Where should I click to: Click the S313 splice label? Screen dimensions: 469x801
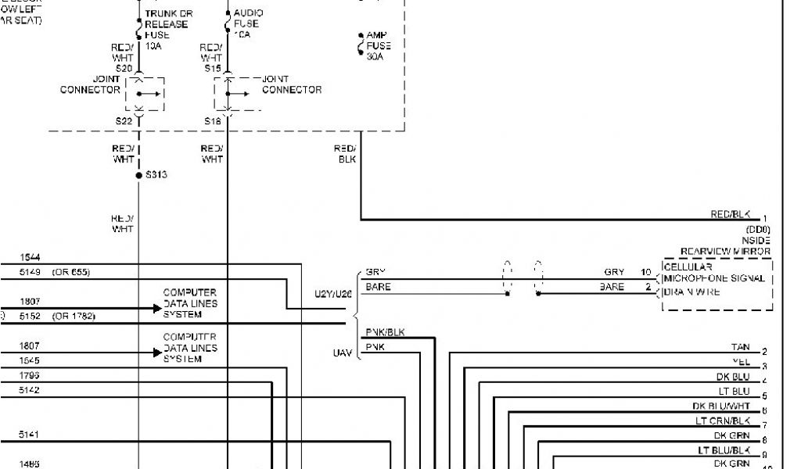point(156,175)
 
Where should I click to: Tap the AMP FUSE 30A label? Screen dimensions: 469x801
point(379,46)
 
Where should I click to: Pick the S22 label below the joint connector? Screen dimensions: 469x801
point(124,121)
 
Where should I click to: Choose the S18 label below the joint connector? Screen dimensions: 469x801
point(213,121)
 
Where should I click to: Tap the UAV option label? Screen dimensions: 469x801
point(343,353)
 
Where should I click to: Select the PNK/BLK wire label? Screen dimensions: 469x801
point(385,333)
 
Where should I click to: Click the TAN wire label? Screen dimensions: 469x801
point(740,347)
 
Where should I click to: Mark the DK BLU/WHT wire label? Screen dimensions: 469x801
point(720,406)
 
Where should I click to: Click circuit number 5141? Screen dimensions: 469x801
point(31,434)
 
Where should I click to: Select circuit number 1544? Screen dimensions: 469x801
point(31,257)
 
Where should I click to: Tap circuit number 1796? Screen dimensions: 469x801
point(31,375)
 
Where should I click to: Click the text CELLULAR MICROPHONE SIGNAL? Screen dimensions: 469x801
point(713,273)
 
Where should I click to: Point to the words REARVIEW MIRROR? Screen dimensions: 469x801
point(725,252)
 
